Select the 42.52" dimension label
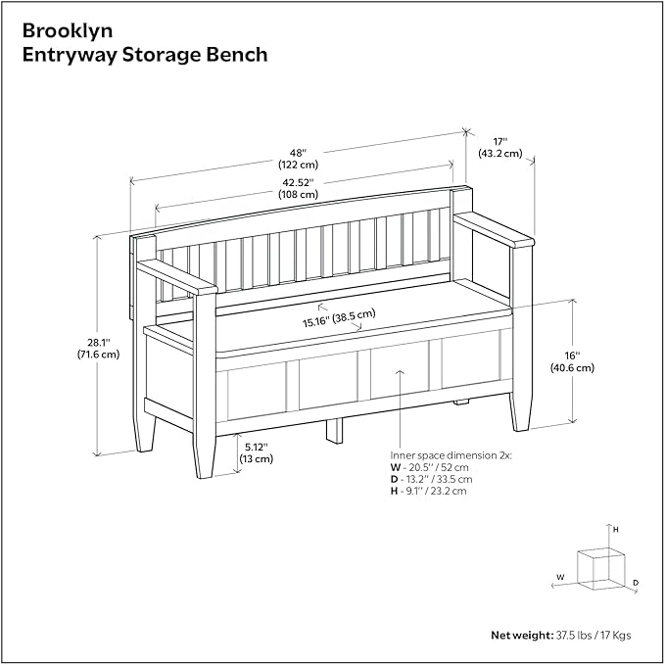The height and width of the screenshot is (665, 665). (299, 180)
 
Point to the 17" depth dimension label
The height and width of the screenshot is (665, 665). (499, 140)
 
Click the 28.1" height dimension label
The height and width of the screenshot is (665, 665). (96, 341)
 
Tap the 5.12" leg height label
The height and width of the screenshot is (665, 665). (256, 446)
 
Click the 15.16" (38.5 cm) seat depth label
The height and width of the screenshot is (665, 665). (339, 317)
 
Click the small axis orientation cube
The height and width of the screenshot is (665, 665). (600, 568)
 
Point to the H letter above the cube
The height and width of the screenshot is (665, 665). (615, 529)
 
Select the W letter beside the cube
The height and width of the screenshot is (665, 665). (560, 577)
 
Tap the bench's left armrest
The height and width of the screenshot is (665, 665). (176, 277)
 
